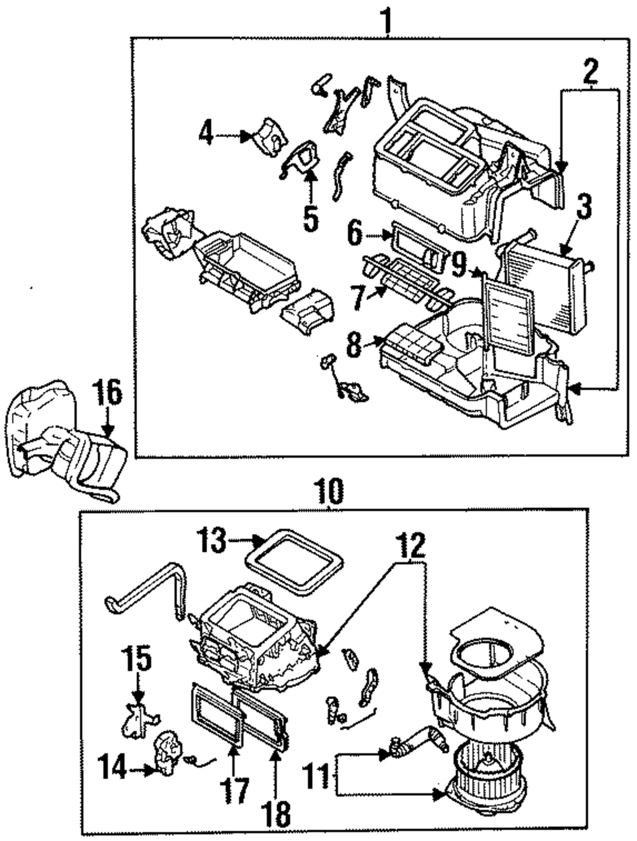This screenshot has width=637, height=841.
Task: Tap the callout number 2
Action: coord(590,72)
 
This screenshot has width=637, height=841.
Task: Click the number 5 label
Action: coord(310,218)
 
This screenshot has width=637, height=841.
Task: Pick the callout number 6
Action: coord(355,233)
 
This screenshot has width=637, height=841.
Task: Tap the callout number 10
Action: coord(330,491)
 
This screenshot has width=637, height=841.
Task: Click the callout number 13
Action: coord(211,541)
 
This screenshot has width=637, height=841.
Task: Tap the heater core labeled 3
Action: coord(547,285)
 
